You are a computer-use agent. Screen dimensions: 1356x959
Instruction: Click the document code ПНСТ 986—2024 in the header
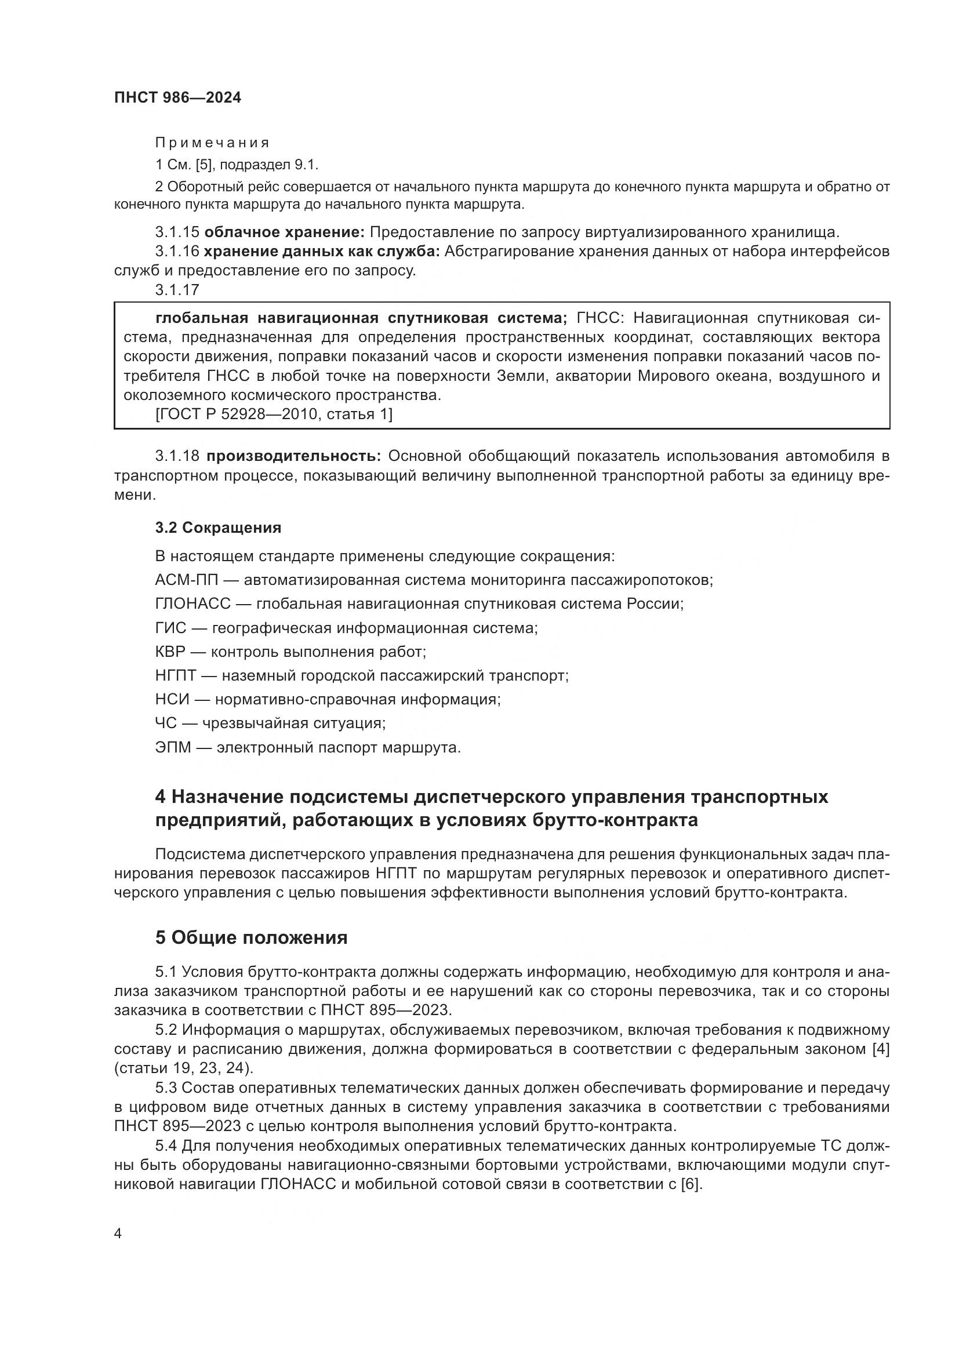(178, 98)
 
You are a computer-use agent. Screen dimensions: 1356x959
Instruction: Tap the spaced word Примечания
(212, 143)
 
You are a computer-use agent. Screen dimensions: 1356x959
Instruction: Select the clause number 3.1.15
(177, 231)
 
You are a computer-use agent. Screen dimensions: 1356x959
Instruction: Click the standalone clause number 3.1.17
(177, 290)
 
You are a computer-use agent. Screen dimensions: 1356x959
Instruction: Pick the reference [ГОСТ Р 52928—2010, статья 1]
(274, 415)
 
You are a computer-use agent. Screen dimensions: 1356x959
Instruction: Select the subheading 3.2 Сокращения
(218, 528)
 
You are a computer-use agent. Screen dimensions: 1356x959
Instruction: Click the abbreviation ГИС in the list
(170, 628)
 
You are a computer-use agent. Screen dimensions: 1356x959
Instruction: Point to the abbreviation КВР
(170, 652)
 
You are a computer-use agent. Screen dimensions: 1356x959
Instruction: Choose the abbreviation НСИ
(172, 699)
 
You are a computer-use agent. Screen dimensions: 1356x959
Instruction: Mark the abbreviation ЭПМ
(173, 748)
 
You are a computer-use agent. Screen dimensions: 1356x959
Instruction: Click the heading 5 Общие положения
(251, 937)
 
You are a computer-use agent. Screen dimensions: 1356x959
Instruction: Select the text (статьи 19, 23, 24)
(184, 1068)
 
